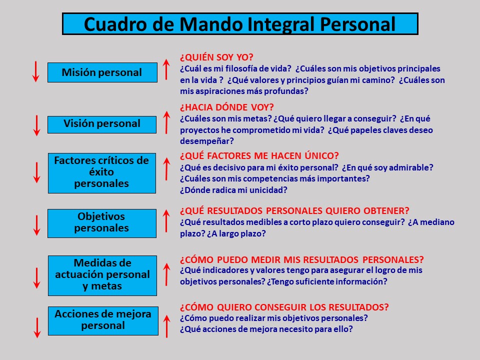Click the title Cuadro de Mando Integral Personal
click(240, 23)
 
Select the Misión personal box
click(102, 72)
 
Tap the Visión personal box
click(102, 124)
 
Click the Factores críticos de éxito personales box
click(102, 172)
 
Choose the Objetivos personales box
click(102, 223)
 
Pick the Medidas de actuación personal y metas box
click(102, 275)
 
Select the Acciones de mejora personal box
click(102, 320)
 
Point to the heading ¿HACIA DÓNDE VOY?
click(226, 107)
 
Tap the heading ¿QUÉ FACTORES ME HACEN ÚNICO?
click(259, 156)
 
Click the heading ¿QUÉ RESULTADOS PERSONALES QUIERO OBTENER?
click(294, 210)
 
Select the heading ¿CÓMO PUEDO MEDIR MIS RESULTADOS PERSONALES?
click(301, 259)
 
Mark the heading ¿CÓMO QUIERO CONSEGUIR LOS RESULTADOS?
click(284, 307)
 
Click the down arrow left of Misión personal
click(35, 71)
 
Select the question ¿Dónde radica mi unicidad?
click(233, 190)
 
